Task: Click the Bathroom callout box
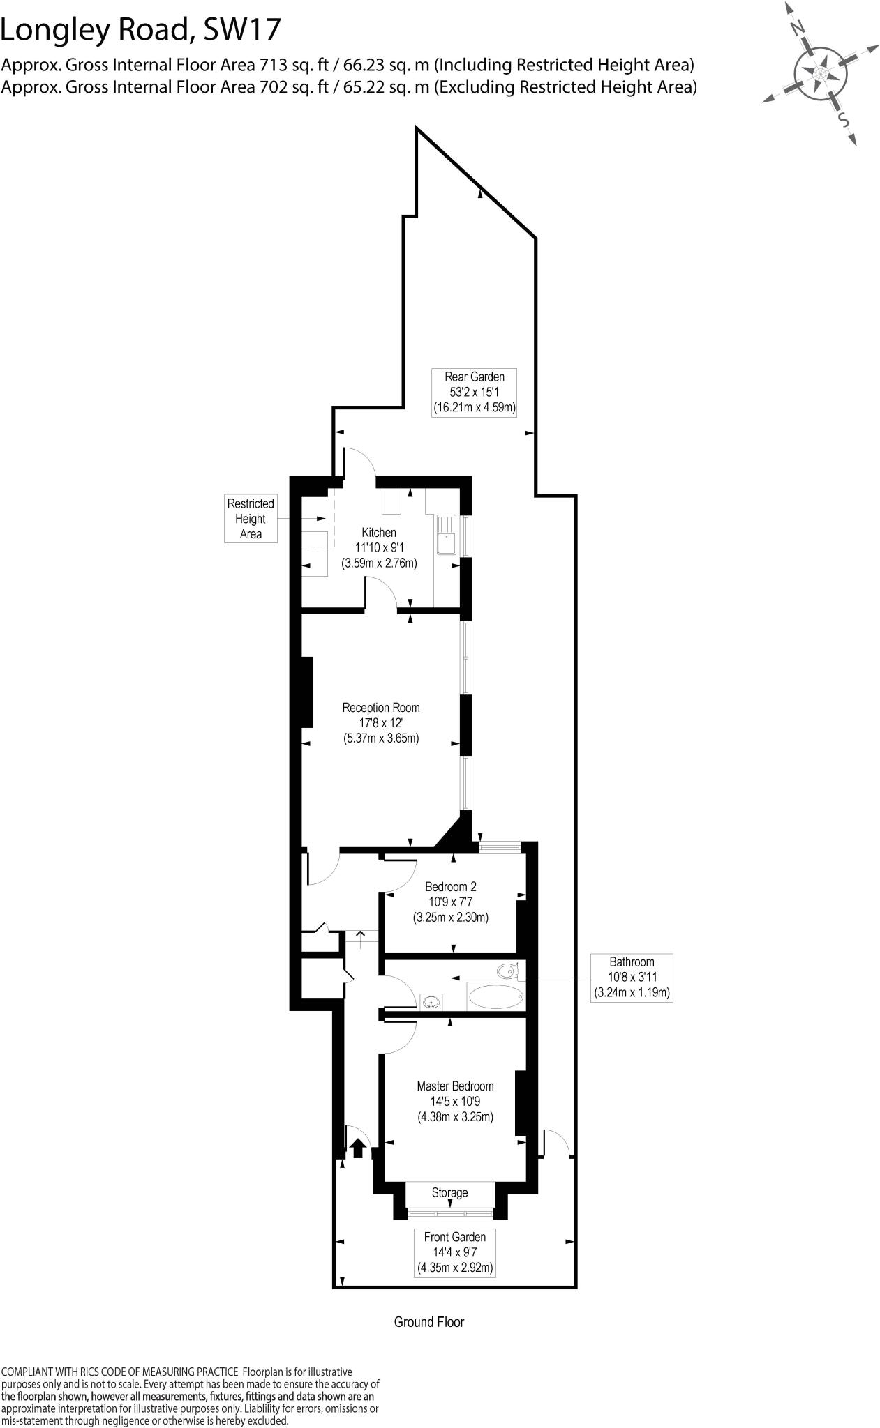(x=632, y=977)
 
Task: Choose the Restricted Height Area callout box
(x=251, y=519)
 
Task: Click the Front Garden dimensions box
(x=455, y=1252)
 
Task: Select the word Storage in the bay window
(x=449, y=1192)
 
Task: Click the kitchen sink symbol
(x=446, y=535)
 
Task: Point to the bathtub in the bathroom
(x=495, y=996)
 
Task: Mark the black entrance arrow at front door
(x=358, y=1147)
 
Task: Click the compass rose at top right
(x=821, y=72)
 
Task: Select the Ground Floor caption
(x=428, y=1321)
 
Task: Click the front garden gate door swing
(x=557, y=1141)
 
